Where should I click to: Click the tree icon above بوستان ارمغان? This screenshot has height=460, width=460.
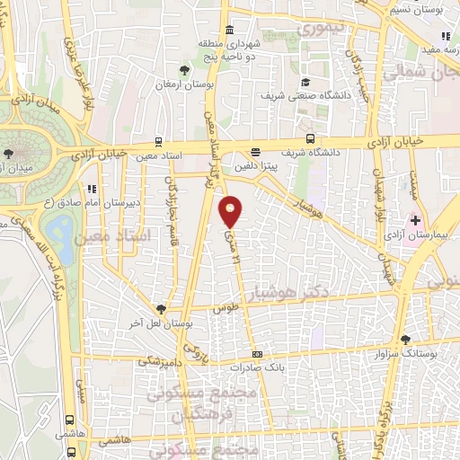click(184, 69)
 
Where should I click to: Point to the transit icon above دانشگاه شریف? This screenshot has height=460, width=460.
click(310, 139)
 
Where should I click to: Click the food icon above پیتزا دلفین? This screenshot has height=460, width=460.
click(256, 152)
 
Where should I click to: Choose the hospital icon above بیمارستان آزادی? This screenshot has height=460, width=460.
click(415, 220)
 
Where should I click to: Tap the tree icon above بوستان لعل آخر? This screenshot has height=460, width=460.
click(161, 308)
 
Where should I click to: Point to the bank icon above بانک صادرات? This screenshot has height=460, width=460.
click(257, 354)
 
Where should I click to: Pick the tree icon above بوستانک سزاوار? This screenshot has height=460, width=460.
click(405, 340)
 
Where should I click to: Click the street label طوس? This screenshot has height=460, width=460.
click(224, 307)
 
